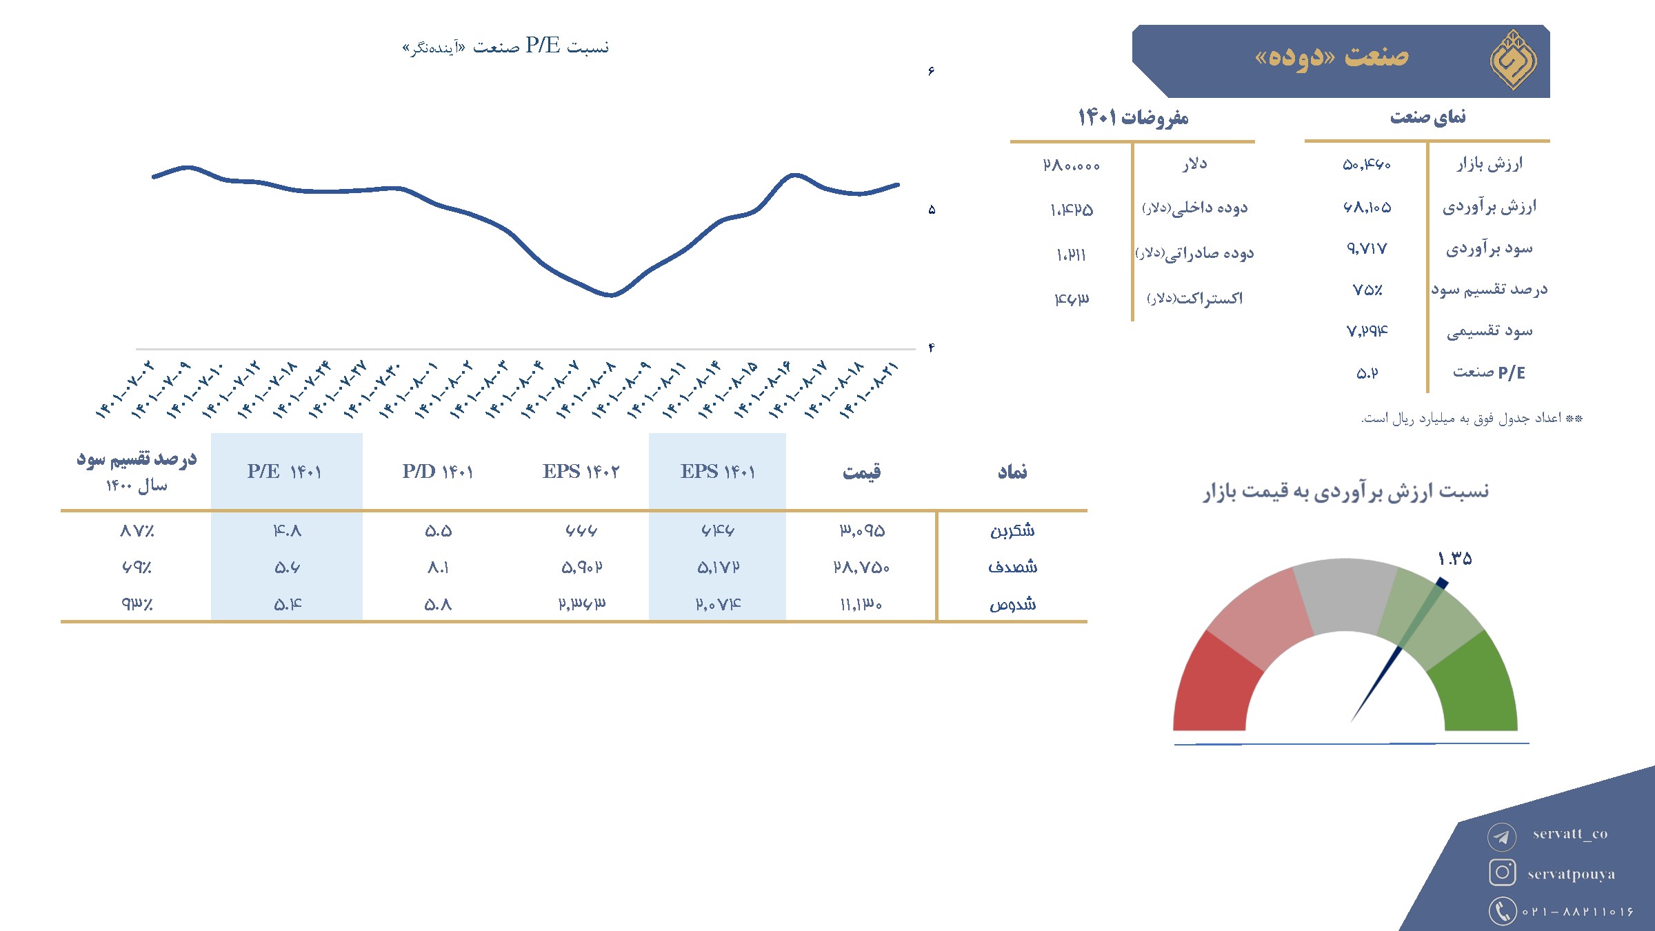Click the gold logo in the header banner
(1513, 60)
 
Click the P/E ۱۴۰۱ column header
(284, 472)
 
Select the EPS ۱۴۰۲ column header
(581, 472)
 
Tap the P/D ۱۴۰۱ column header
(438, 472)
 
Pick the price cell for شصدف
(861, 568)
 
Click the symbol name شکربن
(1012, 530)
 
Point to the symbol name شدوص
(1012, 604)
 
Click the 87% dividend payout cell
(137, 531)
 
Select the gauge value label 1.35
(1454, 559)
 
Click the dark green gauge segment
(1476, 686)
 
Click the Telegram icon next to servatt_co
(1502, 837)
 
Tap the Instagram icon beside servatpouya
(1502, 872)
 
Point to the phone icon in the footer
(1502, 910)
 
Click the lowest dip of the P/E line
(612, 295)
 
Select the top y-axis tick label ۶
(932, 71)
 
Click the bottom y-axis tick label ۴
(932, 348)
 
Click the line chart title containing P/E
(505, 46)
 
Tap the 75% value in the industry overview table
(1367, 290)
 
